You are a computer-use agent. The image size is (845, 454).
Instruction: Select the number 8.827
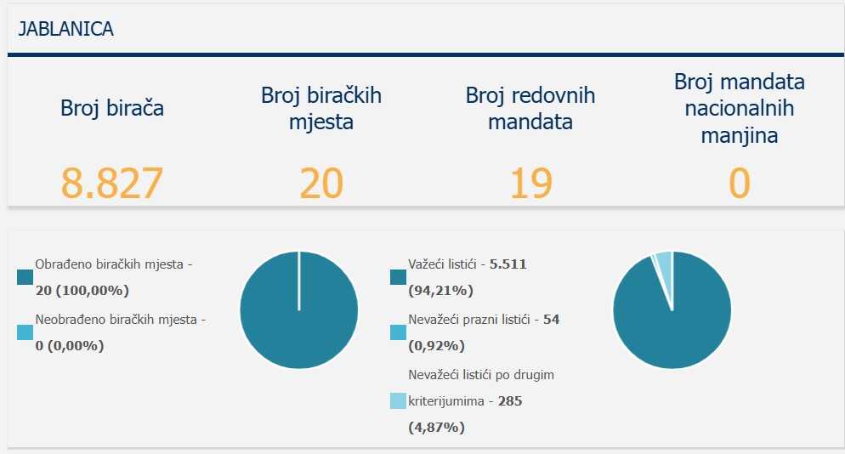pos(111,183)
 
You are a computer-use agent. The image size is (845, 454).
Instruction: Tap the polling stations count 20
pos(321,183)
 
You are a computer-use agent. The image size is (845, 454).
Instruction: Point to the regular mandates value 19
pos(530,183)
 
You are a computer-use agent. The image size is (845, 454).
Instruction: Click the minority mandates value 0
pos(740,183)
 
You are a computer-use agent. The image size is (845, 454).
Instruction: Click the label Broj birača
pos(111,108)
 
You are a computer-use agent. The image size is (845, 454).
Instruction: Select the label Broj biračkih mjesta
pos(321,108)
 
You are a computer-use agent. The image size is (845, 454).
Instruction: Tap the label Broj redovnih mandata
pos(530,108)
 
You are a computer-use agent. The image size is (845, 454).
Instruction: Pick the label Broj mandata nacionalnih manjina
pos(740,108)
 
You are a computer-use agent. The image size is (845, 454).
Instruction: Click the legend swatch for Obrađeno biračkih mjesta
pos(25,277)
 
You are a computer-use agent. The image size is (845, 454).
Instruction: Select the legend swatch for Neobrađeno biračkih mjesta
pos(25,333)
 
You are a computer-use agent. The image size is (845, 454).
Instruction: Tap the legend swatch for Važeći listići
pos(398,277)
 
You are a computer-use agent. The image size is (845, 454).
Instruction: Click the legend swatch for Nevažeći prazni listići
pos(398,332)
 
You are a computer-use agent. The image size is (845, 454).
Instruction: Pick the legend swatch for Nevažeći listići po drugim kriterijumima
pos(398,400)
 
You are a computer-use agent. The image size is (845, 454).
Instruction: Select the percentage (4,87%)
pos(437,427)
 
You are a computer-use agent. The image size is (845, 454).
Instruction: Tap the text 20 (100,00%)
pos(82,291)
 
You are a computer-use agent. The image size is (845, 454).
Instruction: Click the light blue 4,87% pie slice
pos(664,264)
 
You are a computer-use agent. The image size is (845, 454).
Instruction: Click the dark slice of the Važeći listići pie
pos(672,323)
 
